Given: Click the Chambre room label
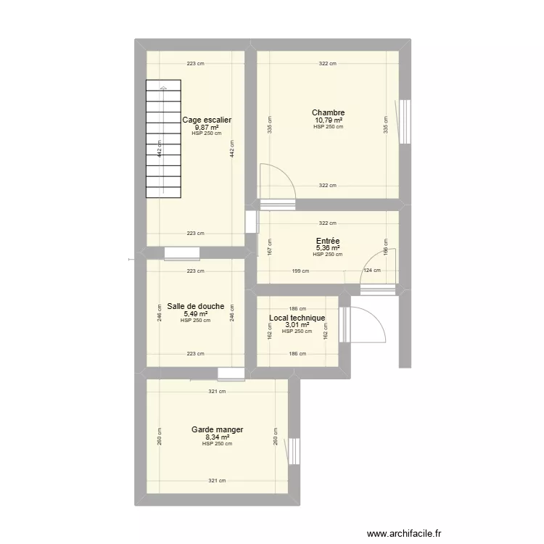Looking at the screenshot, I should [328, 112].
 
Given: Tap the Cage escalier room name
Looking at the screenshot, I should [207, 120].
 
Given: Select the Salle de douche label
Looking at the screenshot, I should [195, 306].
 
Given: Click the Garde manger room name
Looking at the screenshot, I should [217, 429].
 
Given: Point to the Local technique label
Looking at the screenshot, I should [297, 318].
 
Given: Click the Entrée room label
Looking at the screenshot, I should [328, 242].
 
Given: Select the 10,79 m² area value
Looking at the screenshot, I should [328, 120].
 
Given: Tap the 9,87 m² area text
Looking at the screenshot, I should [207, 127].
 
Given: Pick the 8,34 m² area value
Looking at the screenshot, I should [217, 437].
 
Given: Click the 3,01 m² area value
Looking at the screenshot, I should [297, 325].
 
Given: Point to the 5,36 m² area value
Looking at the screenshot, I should [328, 249].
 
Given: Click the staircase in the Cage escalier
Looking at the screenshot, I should [163, 139].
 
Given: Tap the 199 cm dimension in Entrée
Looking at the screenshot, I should [300, 271].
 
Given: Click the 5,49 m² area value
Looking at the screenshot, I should [195, 314].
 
